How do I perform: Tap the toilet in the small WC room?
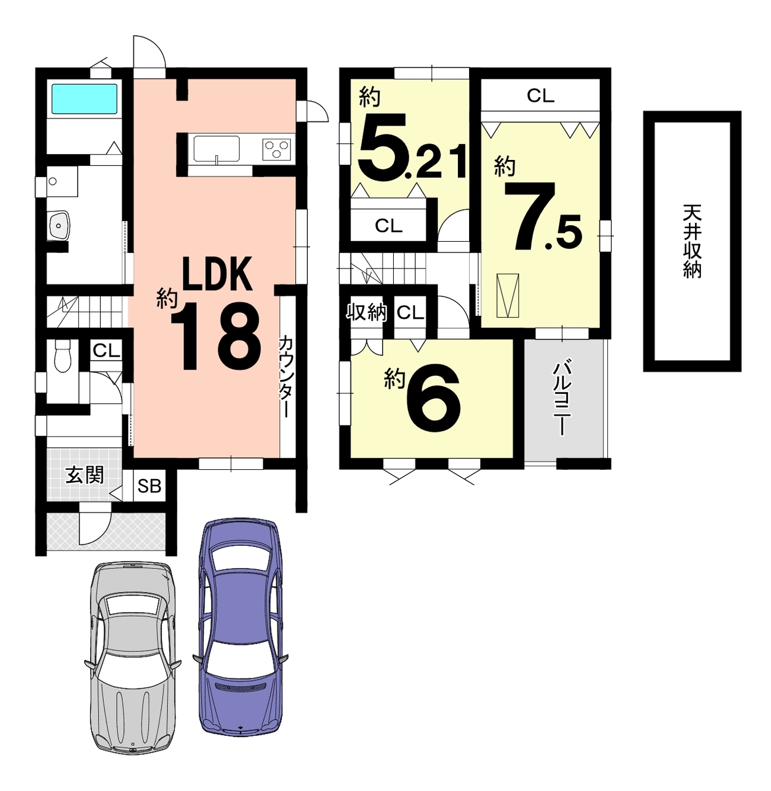(x=63, y=356)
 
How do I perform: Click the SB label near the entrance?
(x=149, y=486)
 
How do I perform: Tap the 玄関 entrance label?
(x=85, y=475)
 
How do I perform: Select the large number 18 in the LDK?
(x=216, y=337)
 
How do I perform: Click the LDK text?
(x=216, y=273)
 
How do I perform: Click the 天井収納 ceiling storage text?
(x=692, y=241)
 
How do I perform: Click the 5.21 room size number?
(x=412, y=147)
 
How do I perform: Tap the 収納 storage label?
(x=367, y=312)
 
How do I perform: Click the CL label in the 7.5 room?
(x=541, y=96)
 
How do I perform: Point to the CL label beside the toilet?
(x=106, y=351)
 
